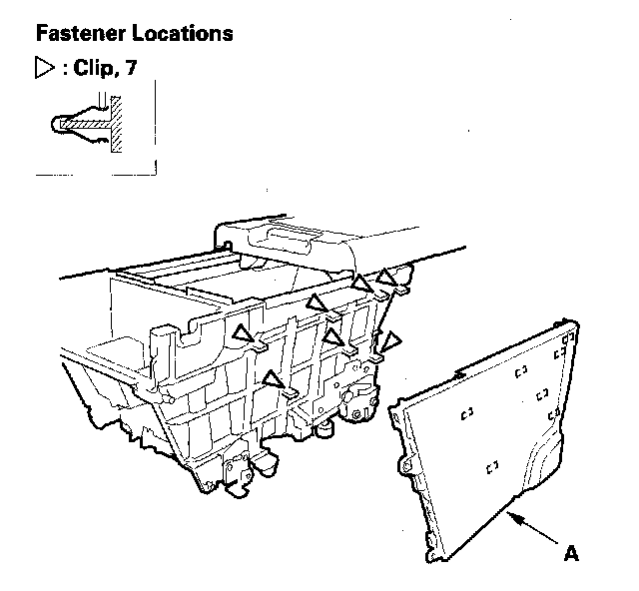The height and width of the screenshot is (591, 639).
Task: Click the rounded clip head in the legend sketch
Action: point(62,125)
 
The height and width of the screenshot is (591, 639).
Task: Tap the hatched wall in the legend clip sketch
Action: point(117,125)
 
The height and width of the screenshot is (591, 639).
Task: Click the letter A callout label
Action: point(571,551)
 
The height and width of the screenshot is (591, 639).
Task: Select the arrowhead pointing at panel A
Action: point(512,515)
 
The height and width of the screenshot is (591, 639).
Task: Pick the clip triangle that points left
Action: point(392,341)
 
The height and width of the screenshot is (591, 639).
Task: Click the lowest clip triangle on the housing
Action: point(272,378)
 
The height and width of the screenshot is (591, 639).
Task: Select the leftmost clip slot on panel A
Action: point(466,409)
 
